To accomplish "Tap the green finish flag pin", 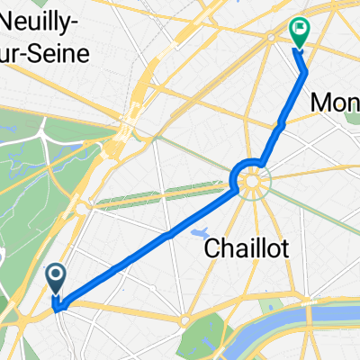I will [x=299, y=32].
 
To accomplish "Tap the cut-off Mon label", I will [x=335, y=103].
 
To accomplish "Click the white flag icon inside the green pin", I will [x=299, y=30].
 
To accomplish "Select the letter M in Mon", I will [x=320, y=103].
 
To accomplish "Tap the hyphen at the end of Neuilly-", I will [x=85, y=31].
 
